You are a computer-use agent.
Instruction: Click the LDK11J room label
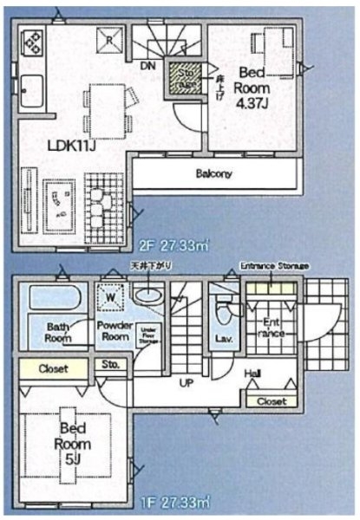pyautogui.click(x=71, y=145)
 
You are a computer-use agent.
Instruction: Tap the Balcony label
pyautogui.click(x=213, y=173)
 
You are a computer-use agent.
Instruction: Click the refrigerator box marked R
pyautogui.click(x=110, y=40)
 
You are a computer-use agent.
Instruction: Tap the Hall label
pyautogui.click(x=252, y=373)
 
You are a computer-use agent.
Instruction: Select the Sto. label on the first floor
pyautogui.click(x=110, y=364)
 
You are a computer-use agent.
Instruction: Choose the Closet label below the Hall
pyautogui.click(x=272, y=401)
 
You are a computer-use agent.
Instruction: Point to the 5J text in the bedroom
pyautogui.click(x=71, y=452)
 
